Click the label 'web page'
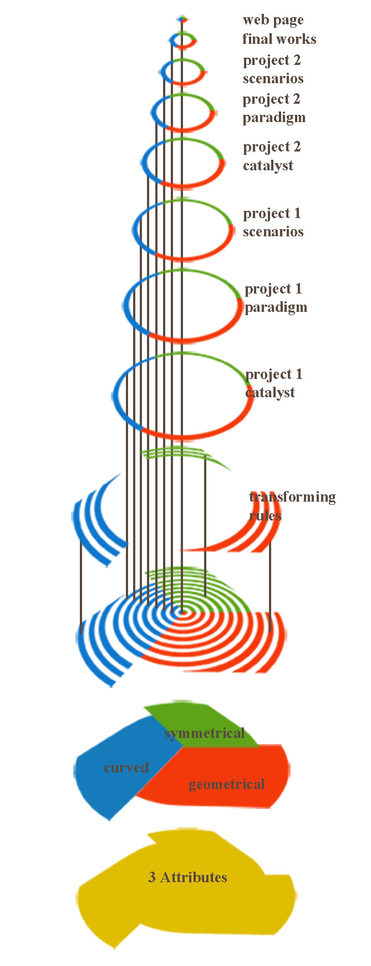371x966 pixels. [273, 21]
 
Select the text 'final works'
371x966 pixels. [279, 39]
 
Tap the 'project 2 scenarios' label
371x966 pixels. [273, 69]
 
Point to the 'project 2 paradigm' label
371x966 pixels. [273, 108]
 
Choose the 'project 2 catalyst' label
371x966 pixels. [272, 156]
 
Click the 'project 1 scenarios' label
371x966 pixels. [273, 222]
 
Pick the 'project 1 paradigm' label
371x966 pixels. [275, 298]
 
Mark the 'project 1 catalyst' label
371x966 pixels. [273, 383]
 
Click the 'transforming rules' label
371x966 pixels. [292, 505]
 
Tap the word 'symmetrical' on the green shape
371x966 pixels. [204, 734]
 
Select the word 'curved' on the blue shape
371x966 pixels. [126, 767]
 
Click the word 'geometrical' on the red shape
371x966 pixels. [226, 784]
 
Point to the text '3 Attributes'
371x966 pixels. [187, 877]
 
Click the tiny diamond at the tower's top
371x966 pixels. [182, 19]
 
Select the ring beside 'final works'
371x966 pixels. [182, 40]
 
